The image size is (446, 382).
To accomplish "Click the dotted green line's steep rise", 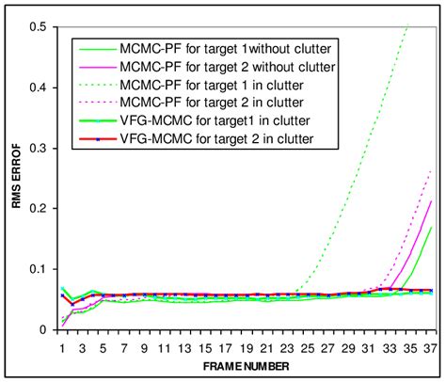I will coord(358,169).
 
